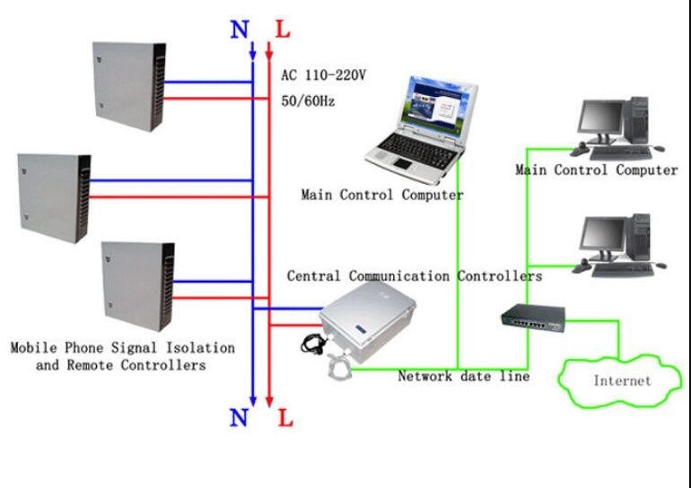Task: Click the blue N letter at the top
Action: pyautogui.click(x=240, y=29)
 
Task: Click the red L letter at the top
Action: pyautogui.click(x=284, y=29)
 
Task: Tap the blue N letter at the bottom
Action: pyautogui.click(x=240, y=417)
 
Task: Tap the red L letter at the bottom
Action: pyautogui.click(x=284, y=418)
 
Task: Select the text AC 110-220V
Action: pyautogui.click(x=323, y=76)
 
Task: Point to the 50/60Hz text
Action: pyautogui.click(x=308, y=101)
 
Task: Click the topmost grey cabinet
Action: pyautogui.click(x=129, y=87)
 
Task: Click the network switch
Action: pyautogui.click(x=533, y=317)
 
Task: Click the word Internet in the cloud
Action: pyautogui.click(x=622, y=380)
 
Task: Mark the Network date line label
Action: pyautogui.click(x=463, y=377)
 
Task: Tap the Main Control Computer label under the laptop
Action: pyautogui.click(x=382, y=194)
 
